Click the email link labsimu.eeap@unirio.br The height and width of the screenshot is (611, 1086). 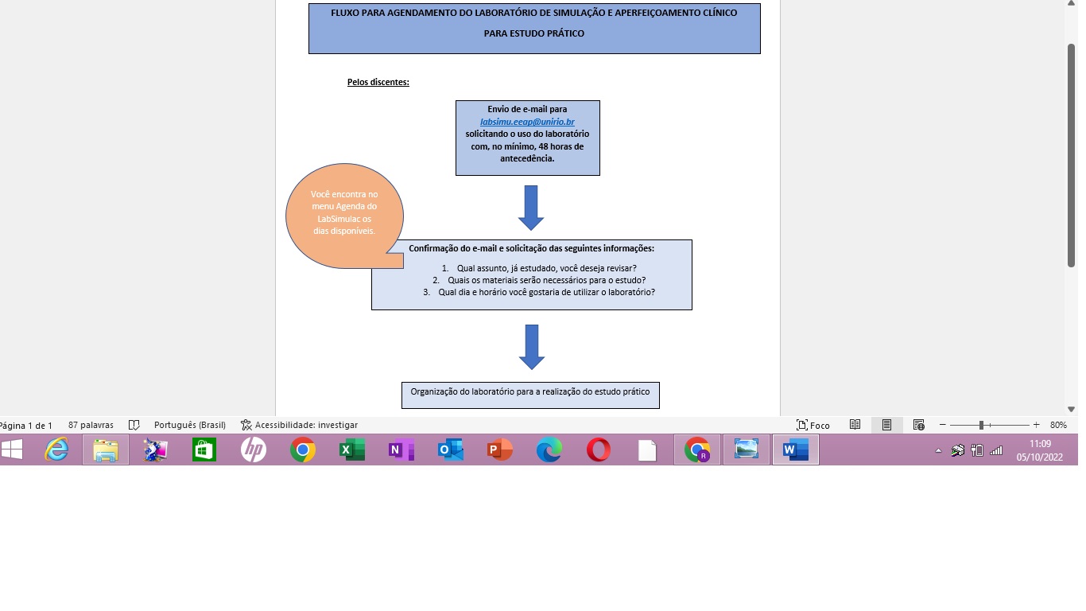(x=527, y=122)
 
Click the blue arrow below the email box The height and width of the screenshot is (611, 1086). (x=530, y=207)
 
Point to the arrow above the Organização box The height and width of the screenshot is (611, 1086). (x=531, y=346)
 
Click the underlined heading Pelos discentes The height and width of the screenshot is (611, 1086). (x=378, y=82)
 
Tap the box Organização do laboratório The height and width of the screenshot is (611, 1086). (x=530, y=394)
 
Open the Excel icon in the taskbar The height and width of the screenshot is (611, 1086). (x=351, y=450)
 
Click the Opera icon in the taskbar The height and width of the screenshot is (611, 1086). (x=598, y=450)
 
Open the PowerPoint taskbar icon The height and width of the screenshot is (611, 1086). (x=499, y=450)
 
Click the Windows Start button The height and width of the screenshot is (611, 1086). (x=12, y=450)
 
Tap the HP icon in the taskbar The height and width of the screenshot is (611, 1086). (x=253, y=450)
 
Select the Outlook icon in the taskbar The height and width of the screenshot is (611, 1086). (x=450, y=450)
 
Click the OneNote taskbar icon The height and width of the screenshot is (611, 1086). (x=401, y=450)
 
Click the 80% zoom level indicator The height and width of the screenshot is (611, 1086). (x=1058, y=425)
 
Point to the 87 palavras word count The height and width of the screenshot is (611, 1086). (x=91, y=425)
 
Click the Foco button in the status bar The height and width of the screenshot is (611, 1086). (x=813, y=425)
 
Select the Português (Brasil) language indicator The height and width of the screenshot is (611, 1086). (x=190, y=425)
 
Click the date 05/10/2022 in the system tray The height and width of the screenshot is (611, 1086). (x=1040, y=457)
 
